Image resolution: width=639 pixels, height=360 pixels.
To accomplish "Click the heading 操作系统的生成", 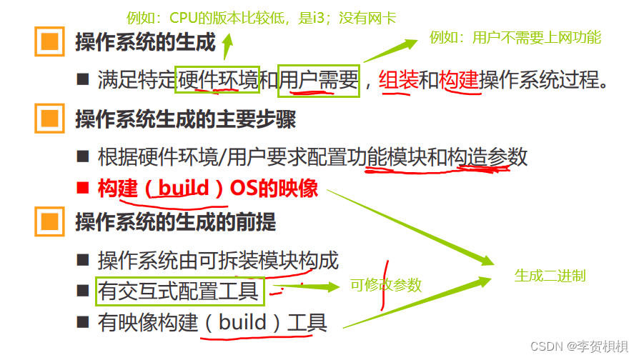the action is coord(145,42).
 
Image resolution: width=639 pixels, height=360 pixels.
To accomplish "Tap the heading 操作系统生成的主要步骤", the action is coord(185,119).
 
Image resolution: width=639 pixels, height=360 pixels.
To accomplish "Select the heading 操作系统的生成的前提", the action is coord(175,222).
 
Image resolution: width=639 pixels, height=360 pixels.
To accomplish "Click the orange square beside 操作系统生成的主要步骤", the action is coord(49,119).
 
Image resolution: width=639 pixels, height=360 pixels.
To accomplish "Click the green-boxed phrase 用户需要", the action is coord(319,80).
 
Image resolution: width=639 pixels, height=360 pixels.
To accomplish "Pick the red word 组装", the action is coord(398,80).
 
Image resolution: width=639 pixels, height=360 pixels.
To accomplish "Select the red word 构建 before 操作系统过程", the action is coord(459,80).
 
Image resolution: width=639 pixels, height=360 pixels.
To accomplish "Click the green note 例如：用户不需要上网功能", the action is coord(515,37).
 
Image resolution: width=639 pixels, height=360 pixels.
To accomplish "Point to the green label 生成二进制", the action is coord(550,275).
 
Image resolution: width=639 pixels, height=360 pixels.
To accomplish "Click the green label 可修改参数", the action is coord(385,286).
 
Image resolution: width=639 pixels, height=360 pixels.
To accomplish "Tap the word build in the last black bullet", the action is coord(242,322).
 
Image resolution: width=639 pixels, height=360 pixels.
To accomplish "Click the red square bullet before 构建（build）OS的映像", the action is coord(84,189).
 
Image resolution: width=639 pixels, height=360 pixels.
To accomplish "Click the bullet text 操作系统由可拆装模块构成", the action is coord(218,260).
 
